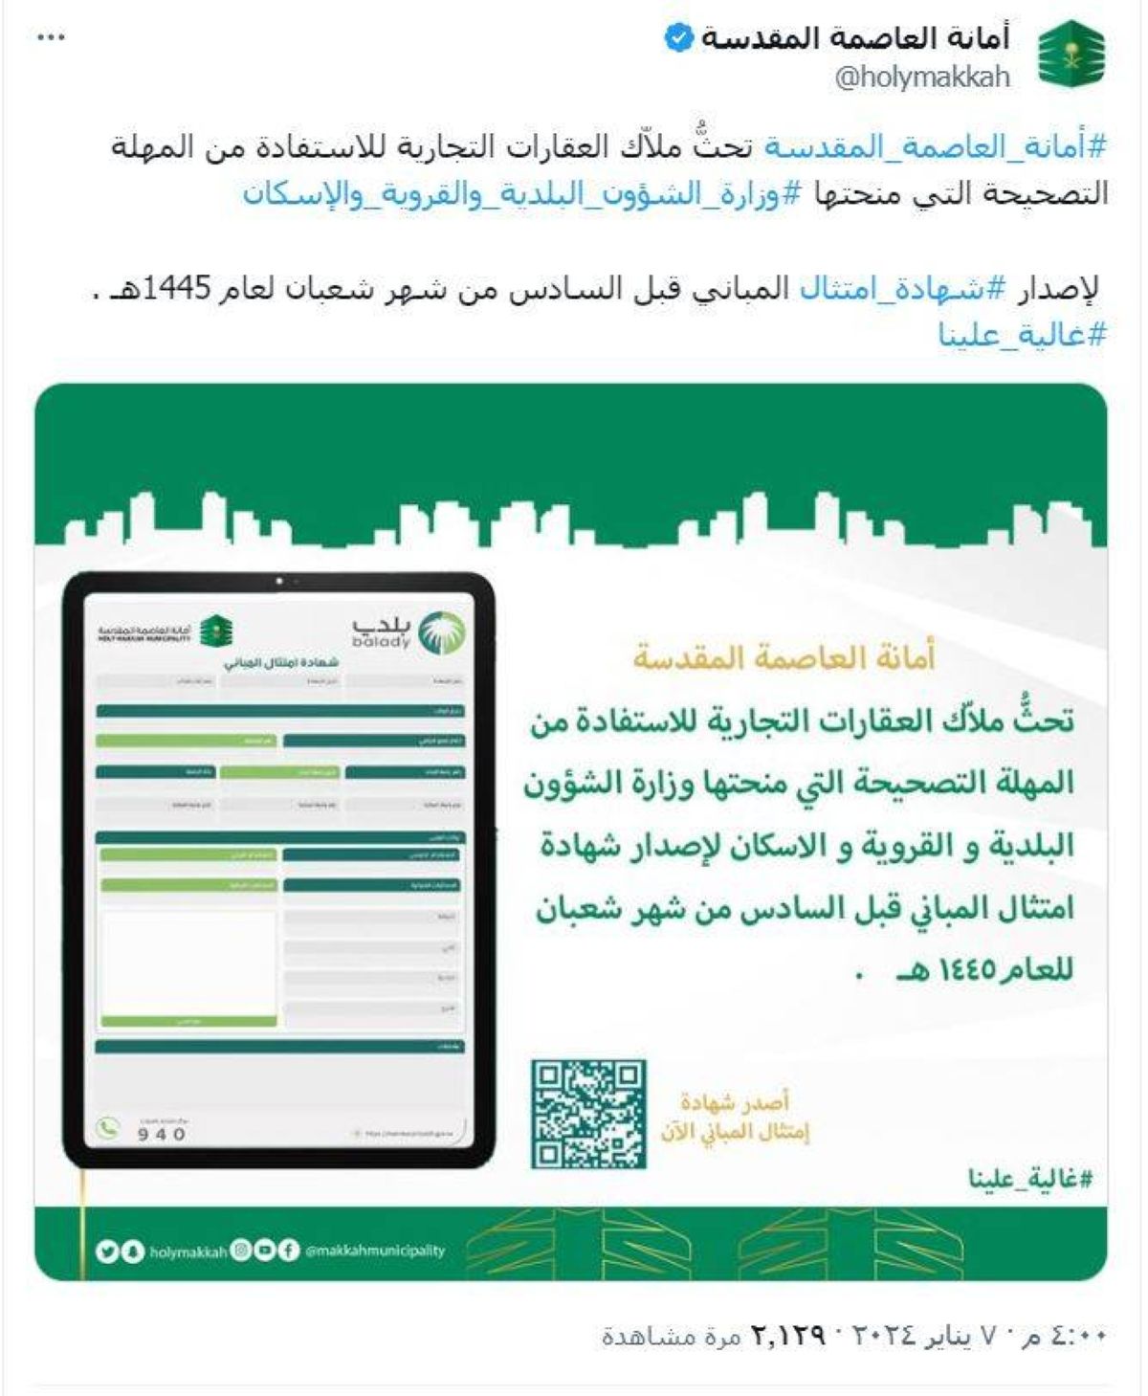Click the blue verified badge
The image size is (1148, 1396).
pyautogui.click(x=678, y=39)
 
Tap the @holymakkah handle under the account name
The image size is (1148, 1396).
pyautogui.click(x=922, y=78)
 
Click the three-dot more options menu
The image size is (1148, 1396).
pyautogui.click(x=50, y=37)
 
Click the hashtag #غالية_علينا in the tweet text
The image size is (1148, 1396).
pyautogui.click(x=1022, y=335)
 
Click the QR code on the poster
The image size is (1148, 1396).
pyautogui.click(x=588, y=1114)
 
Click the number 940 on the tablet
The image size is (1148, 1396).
pyautogui.click(x=162, y=1134)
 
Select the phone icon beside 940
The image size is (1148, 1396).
pyautogui.click(x=108, y=1128)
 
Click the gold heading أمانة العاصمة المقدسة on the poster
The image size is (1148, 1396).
pyautogui.click(x=784, y=657)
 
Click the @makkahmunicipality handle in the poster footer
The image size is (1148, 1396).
pyautogui.click(x=375, y=1251)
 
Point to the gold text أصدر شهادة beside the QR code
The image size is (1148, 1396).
pyautogui.click(x=735, y=1103)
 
